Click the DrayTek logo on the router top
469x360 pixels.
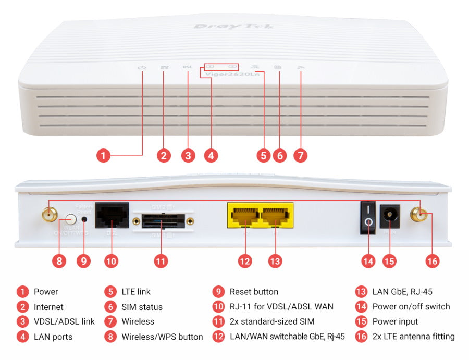pos(234,26)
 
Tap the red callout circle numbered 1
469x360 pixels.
pos(104,155)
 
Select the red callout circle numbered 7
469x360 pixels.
pos(300,155)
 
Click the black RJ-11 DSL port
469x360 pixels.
pos(112,215)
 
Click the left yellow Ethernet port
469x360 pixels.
pos(244,215)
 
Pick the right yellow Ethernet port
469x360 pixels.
pos(277,215)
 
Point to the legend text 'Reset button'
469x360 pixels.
pos(254,292)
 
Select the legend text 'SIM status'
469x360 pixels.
pos(142,307)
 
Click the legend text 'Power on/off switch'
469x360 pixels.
pos(411,307)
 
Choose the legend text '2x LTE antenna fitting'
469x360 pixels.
pos(413,337)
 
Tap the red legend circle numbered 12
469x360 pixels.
pos(218,337)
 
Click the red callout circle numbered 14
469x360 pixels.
pos(368,261)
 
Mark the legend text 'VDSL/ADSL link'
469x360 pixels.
pos(64,321)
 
